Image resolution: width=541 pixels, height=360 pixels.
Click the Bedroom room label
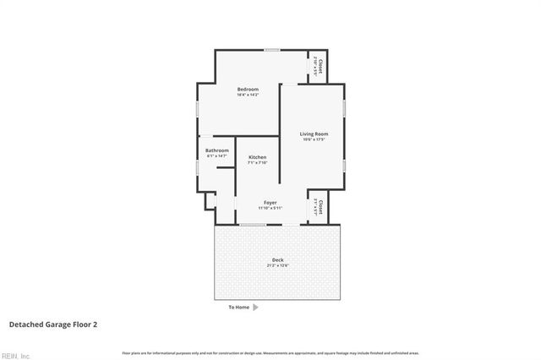point(248,89)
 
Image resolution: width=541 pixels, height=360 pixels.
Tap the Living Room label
point(314,134)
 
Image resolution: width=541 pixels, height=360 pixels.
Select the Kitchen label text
point(257,157)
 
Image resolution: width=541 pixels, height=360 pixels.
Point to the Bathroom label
point(217,150)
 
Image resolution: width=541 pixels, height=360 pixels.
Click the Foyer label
point(270,202)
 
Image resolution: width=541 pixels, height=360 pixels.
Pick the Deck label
point(277,259)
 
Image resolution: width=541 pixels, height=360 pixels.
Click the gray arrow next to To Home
point(256,307)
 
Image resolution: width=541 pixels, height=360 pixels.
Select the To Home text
point(239,307)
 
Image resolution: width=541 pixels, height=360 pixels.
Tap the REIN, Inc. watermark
point(16,355)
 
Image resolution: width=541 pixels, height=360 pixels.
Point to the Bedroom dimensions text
point(248,95)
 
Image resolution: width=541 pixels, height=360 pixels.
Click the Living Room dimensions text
point(314,139)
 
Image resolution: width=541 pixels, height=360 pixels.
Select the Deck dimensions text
point(277,265)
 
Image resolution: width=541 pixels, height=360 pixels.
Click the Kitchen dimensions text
point(257,163)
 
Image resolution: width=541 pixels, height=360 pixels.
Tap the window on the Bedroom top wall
point(271,50)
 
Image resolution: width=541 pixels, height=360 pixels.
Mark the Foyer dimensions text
point(270,208)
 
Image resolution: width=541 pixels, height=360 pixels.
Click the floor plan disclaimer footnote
point(270,352)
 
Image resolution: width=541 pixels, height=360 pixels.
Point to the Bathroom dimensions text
point(217,156)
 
